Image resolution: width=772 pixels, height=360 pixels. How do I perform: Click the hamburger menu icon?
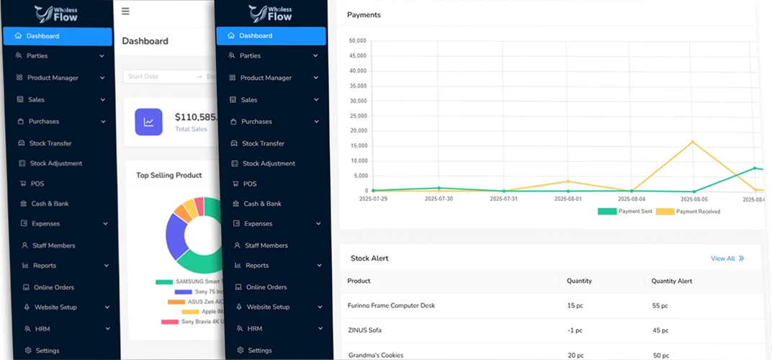(x=125, y=11)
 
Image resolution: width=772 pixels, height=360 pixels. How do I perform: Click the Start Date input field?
(x=151, y=76)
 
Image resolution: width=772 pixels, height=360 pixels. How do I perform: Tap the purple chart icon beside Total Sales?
(x=148, y=122)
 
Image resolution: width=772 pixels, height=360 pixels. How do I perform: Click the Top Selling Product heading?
(x=169, y=175)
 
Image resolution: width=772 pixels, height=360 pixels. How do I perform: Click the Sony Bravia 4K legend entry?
(x=192, y=321)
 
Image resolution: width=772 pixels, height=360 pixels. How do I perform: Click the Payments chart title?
(x=364, y=14)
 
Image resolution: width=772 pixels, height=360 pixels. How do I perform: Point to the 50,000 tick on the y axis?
(x=358, y=40)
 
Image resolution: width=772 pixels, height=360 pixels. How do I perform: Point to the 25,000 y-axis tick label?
(x=358, y=116)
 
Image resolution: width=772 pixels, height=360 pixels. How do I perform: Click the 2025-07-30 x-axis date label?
(x=439, y=199)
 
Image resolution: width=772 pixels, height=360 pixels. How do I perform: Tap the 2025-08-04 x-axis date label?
(x=631, y=199)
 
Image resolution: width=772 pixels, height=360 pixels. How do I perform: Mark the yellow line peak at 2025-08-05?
(x=693, y=142)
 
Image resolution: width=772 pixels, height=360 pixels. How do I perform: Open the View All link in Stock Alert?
(x=727, y=258)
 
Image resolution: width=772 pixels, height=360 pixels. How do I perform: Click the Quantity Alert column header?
(x=671, y=281)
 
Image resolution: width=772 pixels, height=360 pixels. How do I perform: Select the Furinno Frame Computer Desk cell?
(x=391, y=306)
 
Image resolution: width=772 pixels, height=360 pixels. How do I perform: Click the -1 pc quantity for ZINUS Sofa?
(x=576, y=330)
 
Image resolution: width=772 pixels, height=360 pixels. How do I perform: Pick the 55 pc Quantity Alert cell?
(x=660, y=306)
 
